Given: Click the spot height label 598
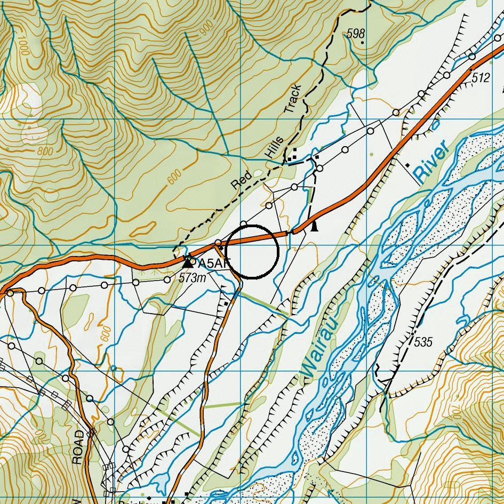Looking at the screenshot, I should click(x=355, y=34).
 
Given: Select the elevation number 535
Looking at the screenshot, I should click(x=422, y=341).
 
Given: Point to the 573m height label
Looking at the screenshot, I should click(x=193, y=277).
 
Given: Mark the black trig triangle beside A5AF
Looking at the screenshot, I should click(x=187, y=262).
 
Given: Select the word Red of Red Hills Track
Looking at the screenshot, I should click(x=241, y=181).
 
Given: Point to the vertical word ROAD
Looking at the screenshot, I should click(x=78, y=447).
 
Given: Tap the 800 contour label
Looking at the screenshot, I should click(x=45, y=152).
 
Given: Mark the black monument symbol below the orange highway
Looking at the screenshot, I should click(x=315, y=227).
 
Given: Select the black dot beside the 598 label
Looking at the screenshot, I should click(x=362, y=42).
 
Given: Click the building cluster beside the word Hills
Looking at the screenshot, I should click(x=292, y=156).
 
